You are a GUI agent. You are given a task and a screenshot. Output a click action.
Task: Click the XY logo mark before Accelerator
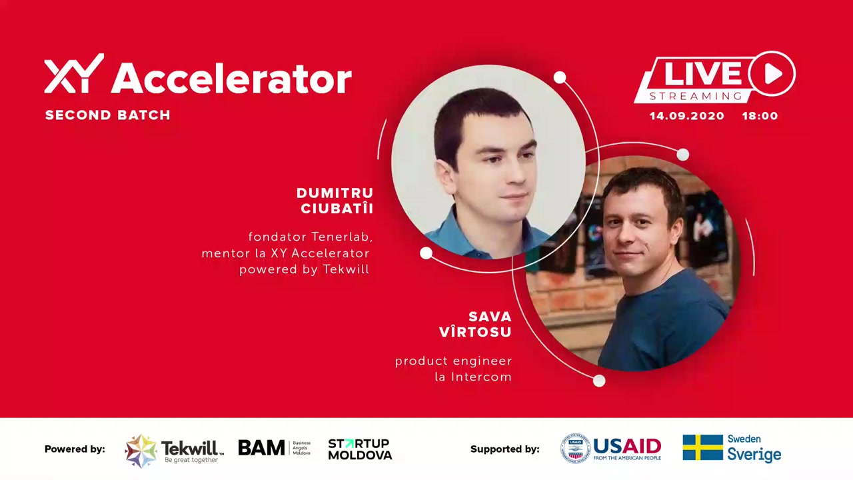[x=74, y=73]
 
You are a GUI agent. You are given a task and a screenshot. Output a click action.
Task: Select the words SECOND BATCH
[x=108, y=115]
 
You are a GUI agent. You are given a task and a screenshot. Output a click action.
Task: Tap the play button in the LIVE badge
[x=772, y=73]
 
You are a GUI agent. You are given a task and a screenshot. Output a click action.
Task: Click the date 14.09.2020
[x=686, y=116]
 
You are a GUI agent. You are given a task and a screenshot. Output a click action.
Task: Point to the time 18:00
[x=760, y=116]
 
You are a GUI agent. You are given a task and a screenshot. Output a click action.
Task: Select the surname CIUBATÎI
[x=337, y=209]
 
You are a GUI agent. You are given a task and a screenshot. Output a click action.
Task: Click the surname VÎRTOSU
[x=475, y=332]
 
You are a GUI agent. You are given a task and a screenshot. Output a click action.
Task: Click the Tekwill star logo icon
[x=141, y=451]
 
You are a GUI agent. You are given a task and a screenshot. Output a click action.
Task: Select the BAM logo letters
[x=262, y=447]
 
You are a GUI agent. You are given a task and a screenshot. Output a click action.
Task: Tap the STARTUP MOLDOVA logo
[x=360, y=449]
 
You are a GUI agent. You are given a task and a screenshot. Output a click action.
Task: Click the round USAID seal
[x=575, y=449]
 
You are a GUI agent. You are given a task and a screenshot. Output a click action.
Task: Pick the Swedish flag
[x=702, y=447]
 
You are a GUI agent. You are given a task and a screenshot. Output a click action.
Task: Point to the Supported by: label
[x=505, y=449]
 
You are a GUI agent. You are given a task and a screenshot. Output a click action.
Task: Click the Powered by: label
[x=75, y=449]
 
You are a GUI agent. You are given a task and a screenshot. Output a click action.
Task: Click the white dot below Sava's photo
[x=599, y=381]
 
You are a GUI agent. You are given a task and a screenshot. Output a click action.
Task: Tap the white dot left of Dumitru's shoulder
[x=426, y=253]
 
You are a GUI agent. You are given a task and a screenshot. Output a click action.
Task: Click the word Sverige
[x=754, y=454]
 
